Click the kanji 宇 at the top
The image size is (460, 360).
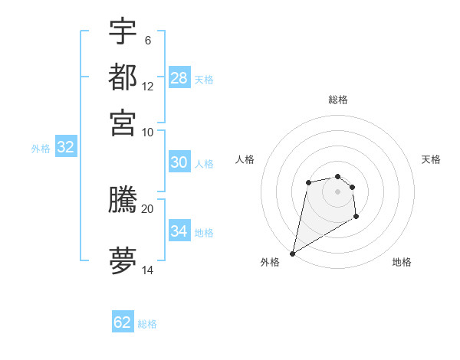point(123,31)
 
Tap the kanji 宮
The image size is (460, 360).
point(123,122)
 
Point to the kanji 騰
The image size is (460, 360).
point(123,200)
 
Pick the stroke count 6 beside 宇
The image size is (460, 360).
point(147,41)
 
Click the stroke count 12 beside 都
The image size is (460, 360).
point(148,86)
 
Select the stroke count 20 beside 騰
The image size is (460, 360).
point(148,208)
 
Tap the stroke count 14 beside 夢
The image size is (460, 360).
point(148,270)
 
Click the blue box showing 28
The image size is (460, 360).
point(179,78)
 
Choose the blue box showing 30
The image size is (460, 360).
point(179,162)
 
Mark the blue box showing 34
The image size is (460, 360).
point(179,231)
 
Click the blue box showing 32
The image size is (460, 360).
point(65,148)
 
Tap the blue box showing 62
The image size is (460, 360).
point(123,322)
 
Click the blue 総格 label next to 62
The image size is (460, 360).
point(147,324)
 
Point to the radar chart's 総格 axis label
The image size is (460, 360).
point(338,100)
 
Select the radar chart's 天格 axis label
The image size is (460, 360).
point(431,159)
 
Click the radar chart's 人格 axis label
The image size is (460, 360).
point(245,159)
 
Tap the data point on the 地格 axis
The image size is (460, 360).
point(356,218)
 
